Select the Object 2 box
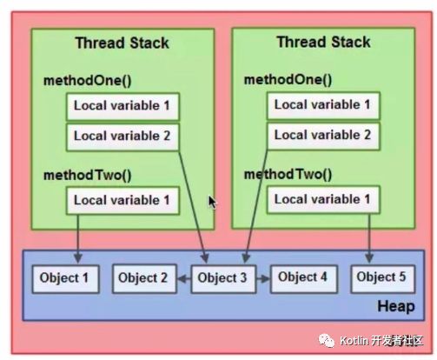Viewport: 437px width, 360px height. coord(142,279)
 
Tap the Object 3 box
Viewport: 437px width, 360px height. coord(222,279)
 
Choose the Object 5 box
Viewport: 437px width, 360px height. coord(382,278)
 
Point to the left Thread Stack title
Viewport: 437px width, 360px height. coord(122,43)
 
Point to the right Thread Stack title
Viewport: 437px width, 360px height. coord(323,42)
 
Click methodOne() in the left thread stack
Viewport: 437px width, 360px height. coord(87,81)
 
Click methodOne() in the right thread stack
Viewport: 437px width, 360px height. coord(288,79)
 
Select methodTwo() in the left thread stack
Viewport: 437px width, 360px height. coord(87,175)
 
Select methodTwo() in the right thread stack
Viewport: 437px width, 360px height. coord(288,173)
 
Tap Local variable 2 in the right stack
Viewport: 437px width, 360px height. coord(323,135)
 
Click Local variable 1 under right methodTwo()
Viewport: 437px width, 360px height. coord(323,200)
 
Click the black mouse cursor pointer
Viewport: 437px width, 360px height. coord(212,202)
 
